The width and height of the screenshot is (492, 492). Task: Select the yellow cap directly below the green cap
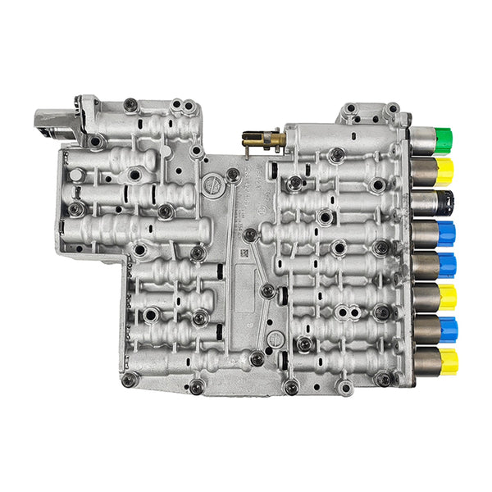coord(445,171)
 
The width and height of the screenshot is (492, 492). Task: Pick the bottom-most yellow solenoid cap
coord(448,358)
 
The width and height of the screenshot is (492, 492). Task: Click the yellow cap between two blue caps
coord(447,296)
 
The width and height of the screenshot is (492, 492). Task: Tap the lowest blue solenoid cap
coord(448,328)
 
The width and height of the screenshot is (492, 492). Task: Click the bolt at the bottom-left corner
coord(129,379)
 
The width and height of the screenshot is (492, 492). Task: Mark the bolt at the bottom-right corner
coord(382,379)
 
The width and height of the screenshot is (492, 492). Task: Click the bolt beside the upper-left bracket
coord(130,104)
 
